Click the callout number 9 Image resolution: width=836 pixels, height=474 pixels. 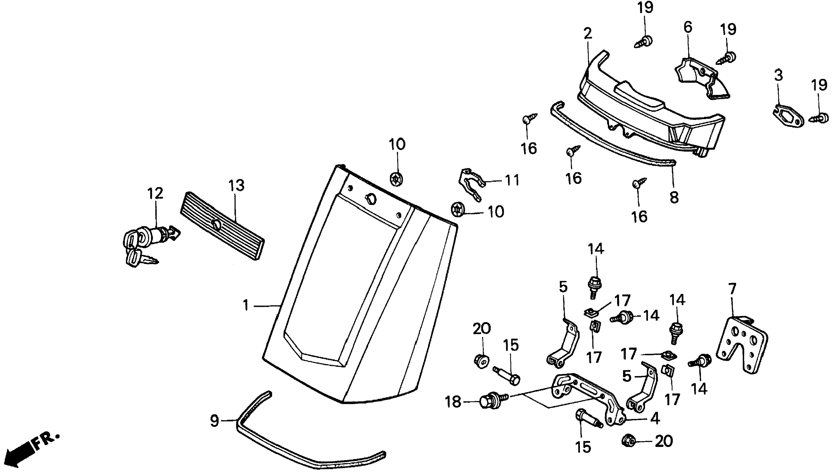coord(214,421)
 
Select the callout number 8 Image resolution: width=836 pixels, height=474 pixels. coord(674,197)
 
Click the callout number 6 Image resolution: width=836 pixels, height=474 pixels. coord(688,27)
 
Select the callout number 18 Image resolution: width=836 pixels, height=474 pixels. coord(453,402)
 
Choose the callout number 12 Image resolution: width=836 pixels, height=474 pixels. coord(155,193)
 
